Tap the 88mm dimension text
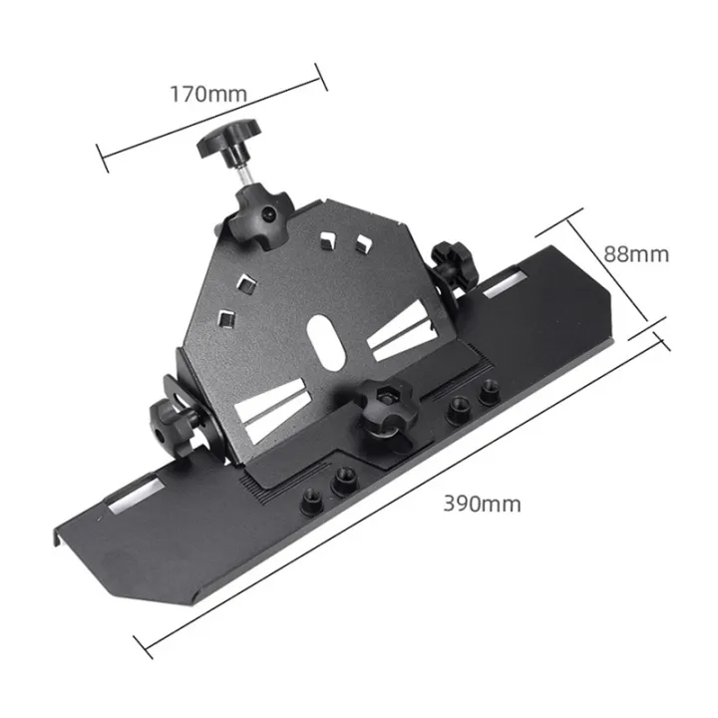click(x=636, y=253)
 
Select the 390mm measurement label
click(x=482, y=503)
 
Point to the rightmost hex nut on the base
click(x=488, y=394)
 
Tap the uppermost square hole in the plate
click(x=326, y=239)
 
